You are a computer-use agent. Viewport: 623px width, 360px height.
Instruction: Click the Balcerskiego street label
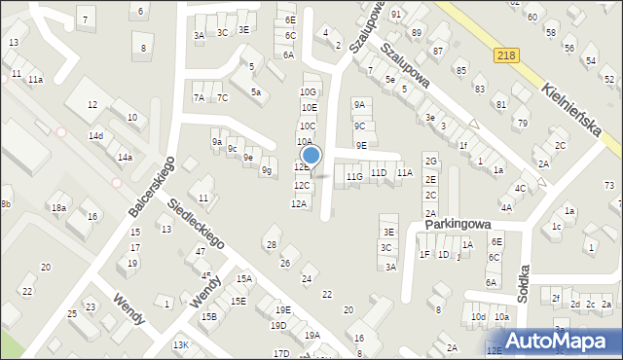point(151,188)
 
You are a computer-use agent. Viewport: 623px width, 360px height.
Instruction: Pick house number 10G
point(308,91)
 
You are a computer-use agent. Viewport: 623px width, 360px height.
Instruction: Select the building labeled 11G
point(354,176)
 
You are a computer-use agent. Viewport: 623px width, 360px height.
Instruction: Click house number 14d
point(95,136)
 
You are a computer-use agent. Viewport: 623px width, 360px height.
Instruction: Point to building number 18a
point(58,208)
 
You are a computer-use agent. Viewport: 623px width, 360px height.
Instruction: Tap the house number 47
point(200,252)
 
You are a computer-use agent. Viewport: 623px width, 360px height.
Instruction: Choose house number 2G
point(430,161)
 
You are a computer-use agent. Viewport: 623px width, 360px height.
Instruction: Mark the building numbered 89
point(417,33)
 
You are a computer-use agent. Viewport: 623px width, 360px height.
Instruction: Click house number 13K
point(180,345)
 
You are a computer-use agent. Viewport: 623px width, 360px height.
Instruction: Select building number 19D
point(279,326)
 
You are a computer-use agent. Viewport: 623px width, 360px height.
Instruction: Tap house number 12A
point(299,203)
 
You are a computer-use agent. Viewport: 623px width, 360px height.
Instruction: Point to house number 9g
point(266,170)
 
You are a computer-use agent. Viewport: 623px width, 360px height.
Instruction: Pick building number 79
point(522,123)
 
